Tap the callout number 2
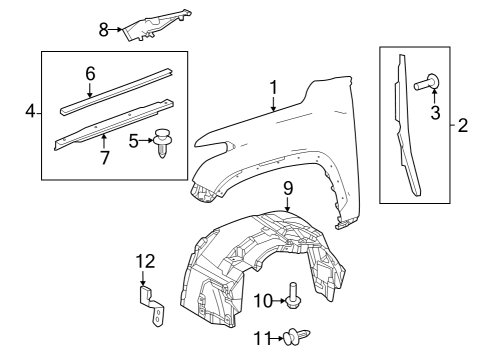pyautogui.click(x=462, y=126)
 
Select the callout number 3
pyautogui.click(x=435, y=114)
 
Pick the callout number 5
pyautogui.click(x=134, y=142)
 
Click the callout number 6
pyautogui.click(x=89, y=73)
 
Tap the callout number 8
pyautogui.click(x=103, y=29)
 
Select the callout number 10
pyautogui.click(x=261, y=300)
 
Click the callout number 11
pyautogui.click(x=261, y=339)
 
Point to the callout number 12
pyautogui.click(x=145, y=262)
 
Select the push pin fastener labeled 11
pyautogui.click(x=292, y=338)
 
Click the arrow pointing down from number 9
pyautogui.click(x=286, y=203)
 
